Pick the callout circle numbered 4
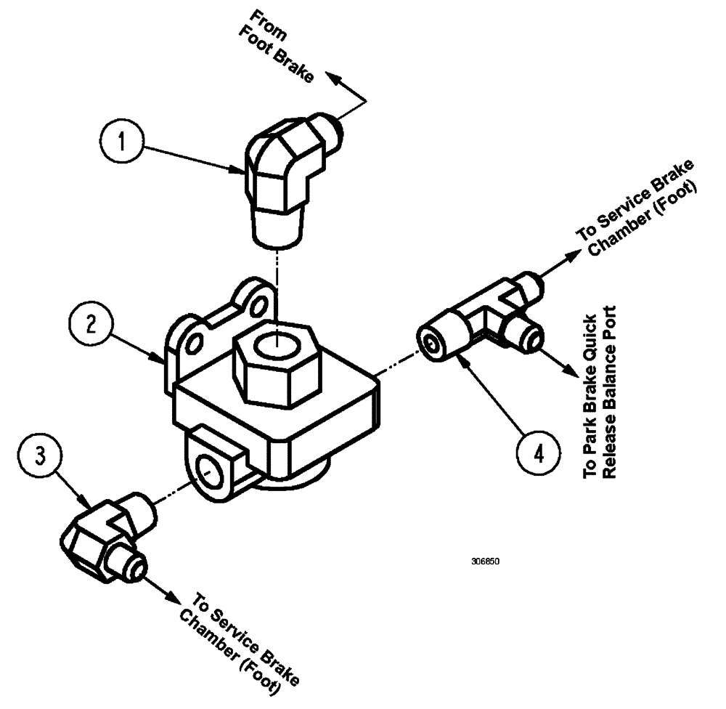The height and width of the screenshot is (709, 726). pos(538,455)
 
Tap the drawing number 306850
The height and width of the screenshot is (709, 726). pos(484,562)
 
